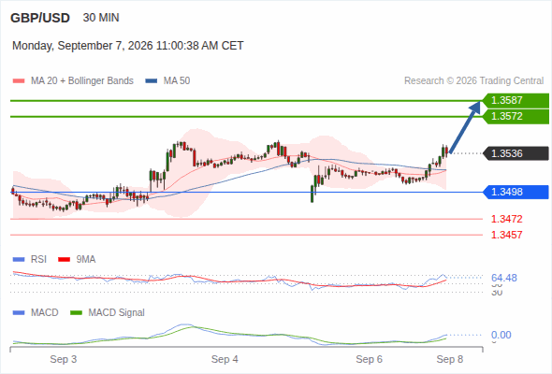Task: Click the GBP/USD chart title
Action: [40, 18]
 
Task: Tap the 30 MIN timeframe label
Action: [101, 18]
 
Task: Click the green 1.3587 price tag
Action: [516, 101]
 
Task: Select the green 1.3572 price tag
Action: [516, 117]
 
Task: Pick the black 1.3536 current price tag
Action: [516, 153]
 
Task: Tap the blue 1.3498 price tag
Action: [516, 192]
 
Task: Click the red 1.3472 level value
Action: [506, 219]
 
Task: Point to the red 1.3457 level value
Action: [506, 235]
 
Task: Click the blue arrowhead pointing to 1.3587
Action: [475, 107]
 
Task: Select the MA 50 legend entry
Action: [167, 81]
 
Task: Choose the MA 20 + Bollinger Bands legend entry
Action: [73, 81]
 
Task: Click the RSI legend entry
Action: [30, 259]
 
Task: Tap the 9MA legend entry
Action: [77, 259]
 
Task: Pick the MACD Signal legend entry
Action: [108, 312]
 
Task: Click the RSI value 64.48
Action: [504, 278]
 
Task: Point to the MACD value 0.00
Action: [501, 335]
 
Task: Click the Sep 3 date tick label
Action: [64, 359]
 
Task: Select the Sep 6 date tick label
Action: [369, 359]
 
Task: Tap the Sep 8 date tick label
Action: [450, 359]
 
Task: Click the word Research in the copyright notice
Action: [424, 81]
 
